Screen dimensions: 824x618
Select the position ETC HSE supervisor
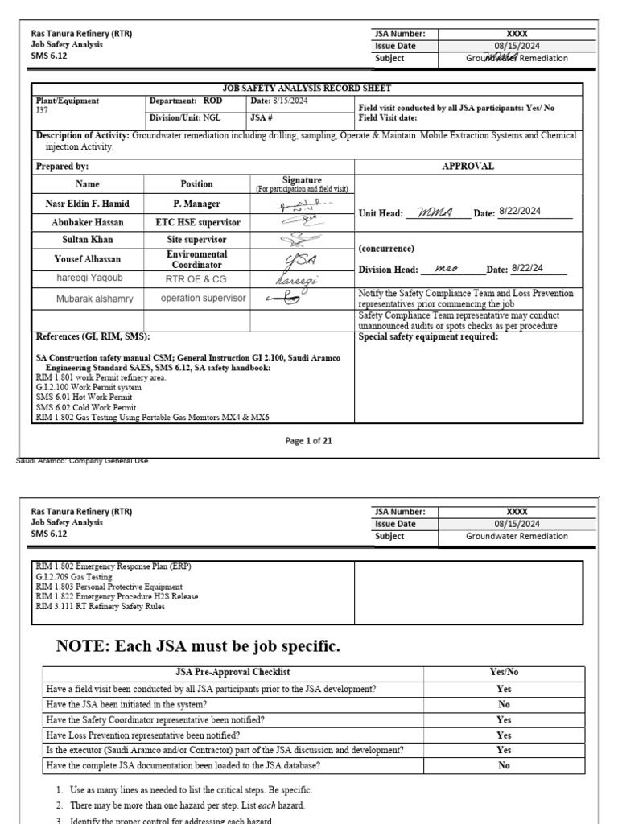pyautogui.click(x=196, y=221)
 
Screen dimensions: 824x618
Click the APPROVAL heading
pyautogui.click(x=468, y=166)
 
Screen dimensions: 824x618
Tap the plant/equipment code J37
pyautogui.click(x=43, y=110)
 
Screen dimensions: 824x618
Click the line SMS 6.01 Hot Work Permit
pyautogui.click(x=80, y=398)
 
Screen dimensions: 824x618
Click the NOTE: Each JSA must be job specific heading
pyautogui.click(x=198, y=646)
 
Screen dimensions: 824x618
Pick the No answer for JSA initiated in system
pyautogui.click(x=504, y=704)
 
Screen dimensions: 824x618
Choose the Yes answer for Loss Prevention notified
pyautogui.click(x=504, y=735)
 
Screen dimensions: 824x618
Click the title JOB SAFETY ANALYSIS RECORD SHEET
pyautogui.click(x=307, y=89)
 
